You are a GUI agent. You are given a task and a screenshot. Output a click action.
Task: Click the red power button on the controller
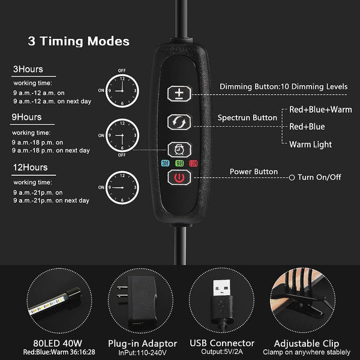pyautogui.click(x=179, y=178)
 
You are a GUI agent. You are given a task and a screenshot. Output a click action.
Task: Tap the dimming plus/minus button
pyautogui.click(x=179, y=94)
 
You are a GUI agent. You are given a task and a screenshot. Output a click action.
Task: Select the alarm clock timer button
pyautogui.click(x=179, y=149)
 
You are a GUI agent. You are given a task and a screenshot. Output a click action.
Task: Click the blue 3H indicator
pyautogui.click(x=166, y=163)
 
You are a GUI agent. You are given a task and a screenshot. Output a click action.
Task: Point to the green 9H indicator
pyautogui.click(x=179, y=163)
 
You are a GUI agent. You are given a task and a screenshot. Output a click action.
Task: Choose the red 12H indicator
pyautogui.click(x=193, y=163)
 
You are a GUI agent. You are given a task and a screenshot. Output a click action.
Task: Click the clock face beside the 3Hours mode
pyautogui.click(x=122, y=91)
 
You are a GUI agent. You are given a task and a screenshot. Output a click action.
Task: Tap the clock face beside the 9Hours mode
pyautogui.click(x=122, y=136)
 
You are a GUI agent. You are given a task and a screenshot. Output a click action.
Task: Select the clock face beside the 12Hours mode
pyautogui.click(x=122, y=188)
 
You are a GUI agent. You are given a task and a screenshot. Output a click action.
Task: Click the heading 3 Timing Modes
pyautogui.click(x=79, y=41)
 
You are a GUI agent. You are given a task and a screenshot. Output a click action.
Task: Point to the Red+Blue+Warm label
pyautogui.click(x=320, y=110)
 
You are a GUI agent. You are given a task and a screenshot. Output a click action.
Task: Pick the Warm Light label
pyautogui.click(x=310, y=145)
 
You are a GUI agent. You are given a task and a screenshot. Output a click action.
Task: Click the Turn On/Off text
pyautogui.click(x=319, y=177)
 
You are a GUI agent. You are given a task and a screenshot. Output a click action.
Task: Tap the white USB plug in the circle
pyautogui.click(x=222, y=287)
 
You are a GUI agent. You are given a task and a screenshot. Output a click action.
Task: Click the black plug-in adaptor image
pyautogui.click(x=139, y=301)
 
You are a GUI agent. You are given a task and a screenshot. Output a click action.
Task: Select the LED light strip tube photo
pyautogui.click(x=55, y=301)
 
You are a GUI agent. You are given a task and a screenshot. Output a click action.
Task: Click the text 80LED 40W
pyautogui.click(x=58, y=343)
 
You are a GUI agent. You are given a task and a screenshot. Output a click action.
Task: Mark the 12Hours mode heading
pyautogui.click(x=30, y=167)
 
